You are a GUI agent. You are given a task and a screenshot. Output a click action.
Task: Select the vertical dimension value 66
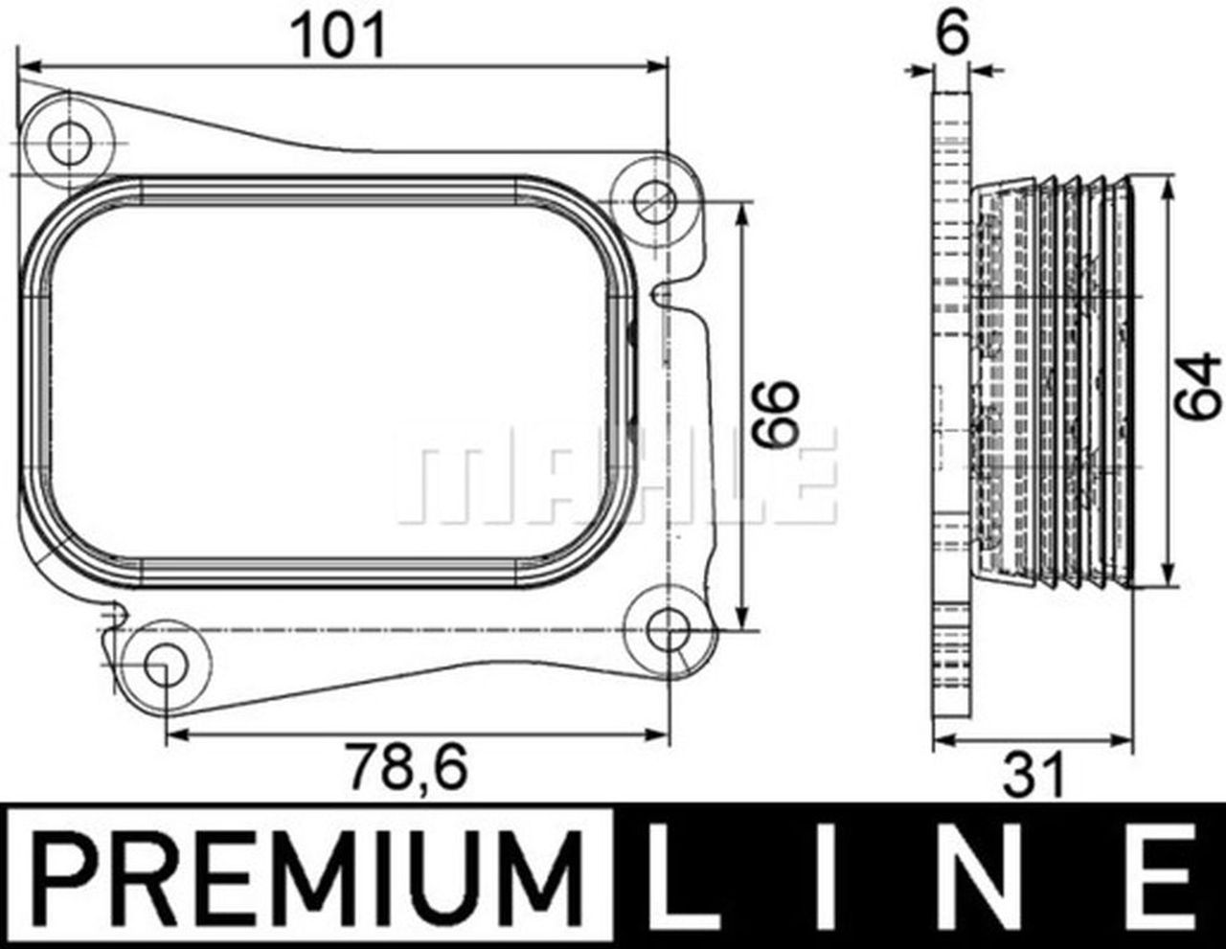[775, 413]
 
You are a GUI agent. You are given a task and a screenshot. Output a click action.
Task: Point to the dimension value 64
[1200, 385]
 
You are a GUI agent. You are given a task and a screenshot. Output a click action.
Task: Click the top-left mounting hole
[69, 146]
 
